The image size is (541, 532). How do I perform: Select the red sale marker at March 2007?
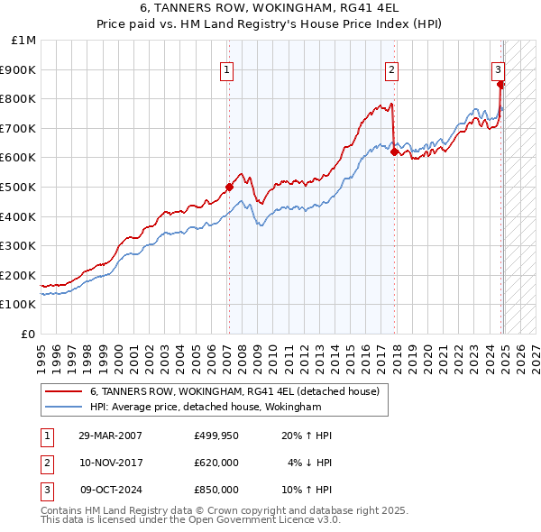pyautogui.click(x=229, y=187)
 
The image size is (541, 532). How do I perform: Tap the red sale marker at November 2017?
pyautogui.click(x=394, y=151)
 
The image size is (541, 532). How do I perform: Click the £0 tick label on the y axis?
pyautogui.click(x=29, y=334)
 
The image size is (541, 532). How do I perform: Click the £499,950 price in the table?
pyautogui.click(x=216, y=436)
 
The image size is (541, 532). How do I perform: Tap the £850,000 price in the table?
pyautogui.click(x=216, y=490)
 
